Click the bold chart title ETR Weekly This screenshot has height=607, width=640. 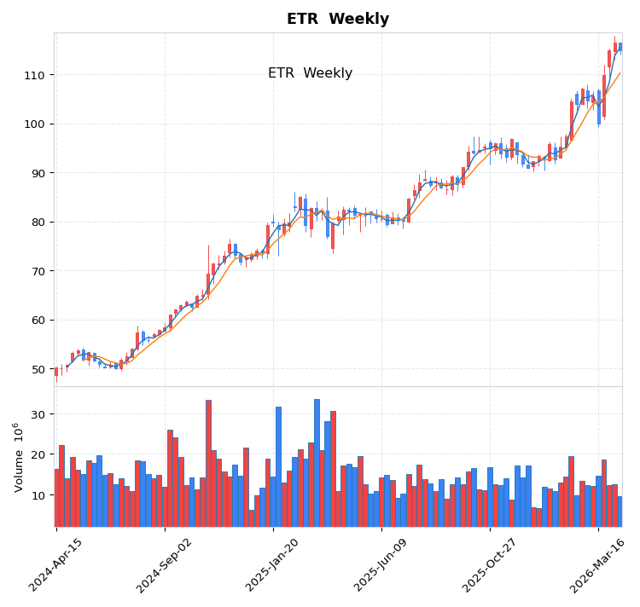[x=337, y=19]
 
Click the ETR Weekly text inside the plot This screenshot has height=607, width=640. [x=310, y=73]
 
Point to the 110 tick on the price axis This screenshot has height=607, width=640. [x=35, y=75]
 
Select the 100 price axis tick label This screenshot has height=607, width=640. [x=35, y=124]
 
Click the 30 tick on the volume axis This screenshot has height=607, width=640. [x=38, y=413]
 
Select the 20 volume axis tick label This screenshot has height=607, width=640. [x=38, y=454]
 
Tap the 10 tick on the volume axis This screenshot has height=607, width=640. [x=38, y=495]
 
